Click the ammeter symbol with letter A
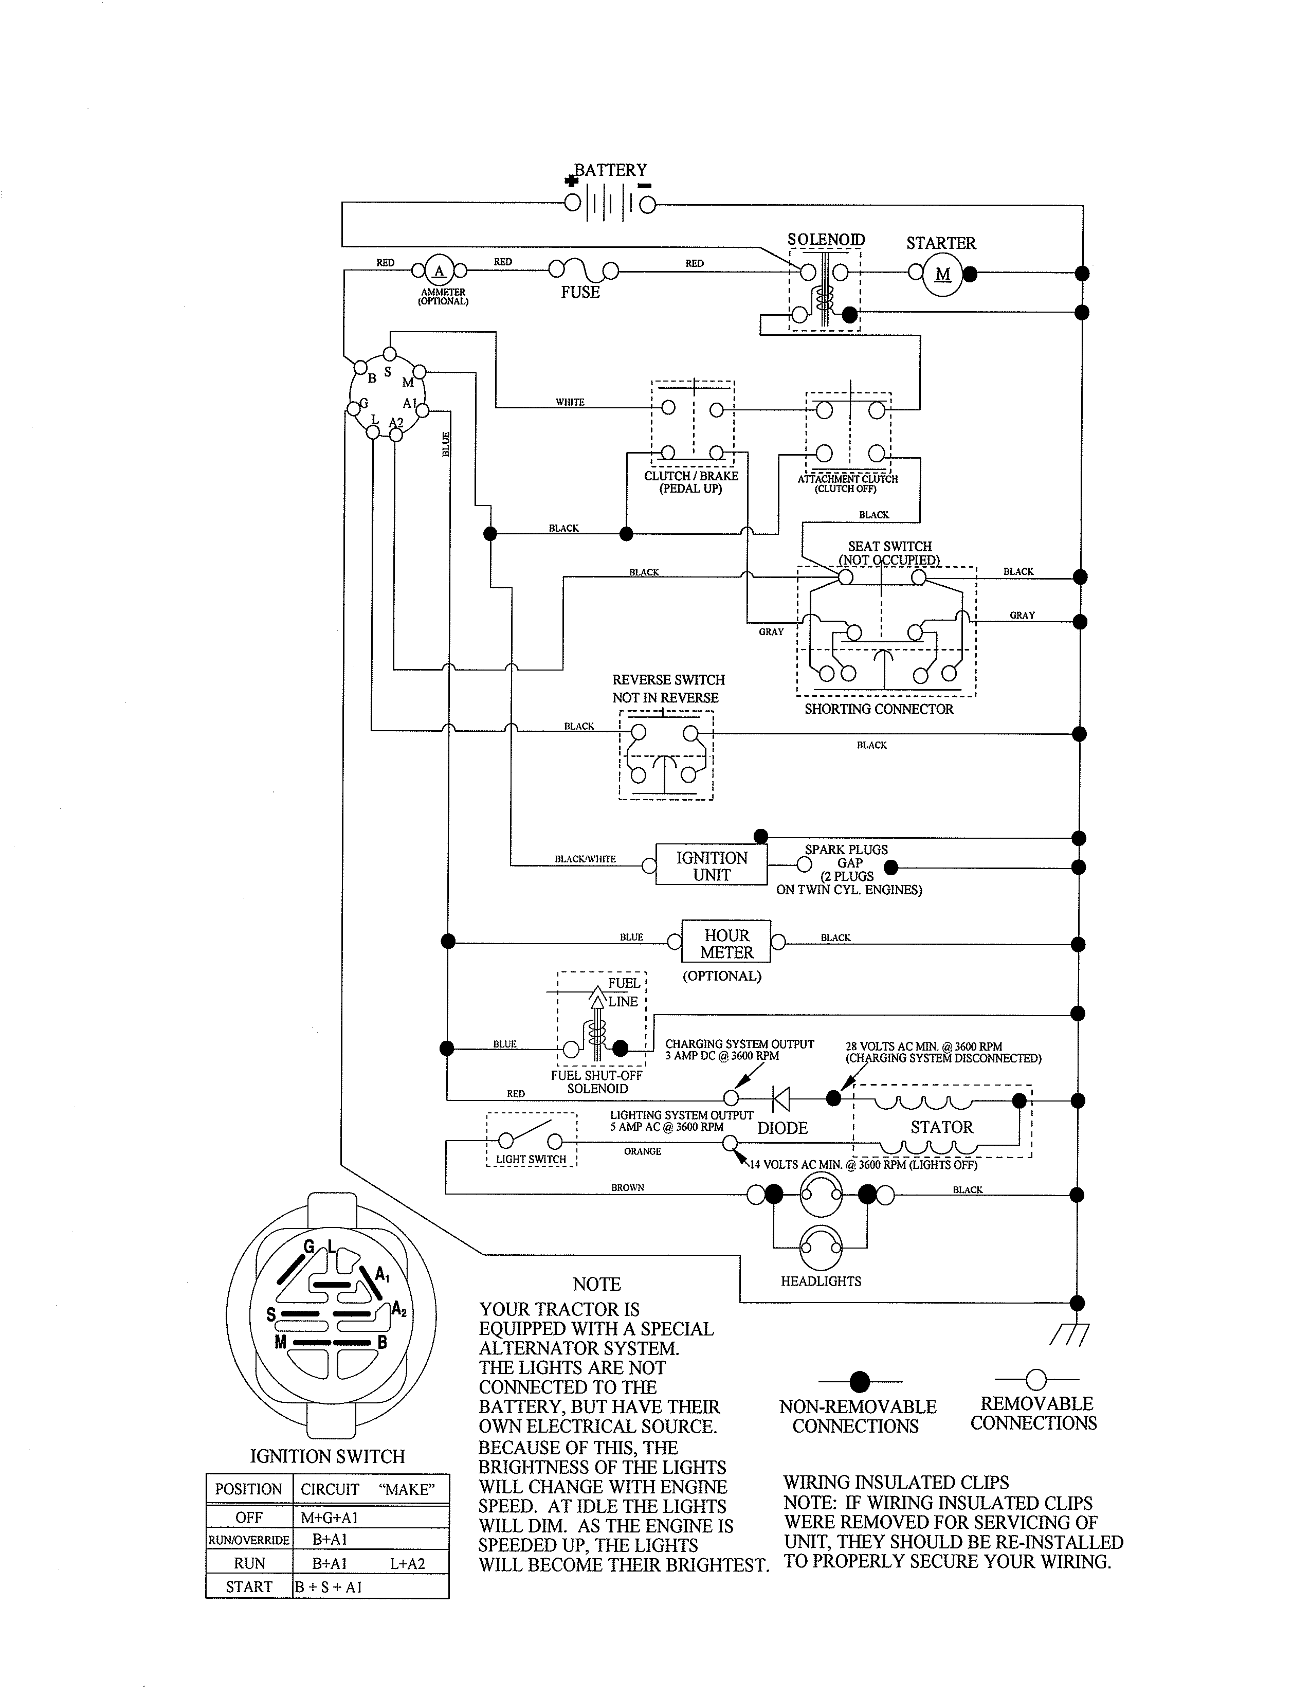[440, 270]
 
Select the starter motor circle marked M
[942, 274]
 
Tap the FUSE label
[580, 292]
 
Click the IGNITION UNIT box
[712, 865]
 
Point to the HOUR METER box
[726, 943]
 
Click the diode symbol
[781, 1099]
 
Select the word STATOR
[941, 1127]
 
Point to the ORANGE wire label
[642, 1151]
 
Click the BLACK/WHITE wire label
[585, 859]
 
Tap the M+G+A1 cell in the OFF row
[330, 1518]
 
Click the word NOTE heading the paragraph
[596, 1285]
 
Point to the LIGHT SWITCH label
[531, 1159]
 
